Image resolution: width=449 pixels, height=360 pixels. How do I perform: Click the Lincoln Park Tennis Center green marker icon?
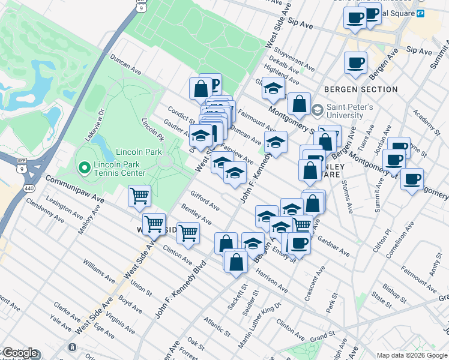[x=84, y=167]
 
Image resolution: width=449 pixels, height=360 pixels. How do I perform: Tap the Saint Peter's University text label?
[x=349, y=112]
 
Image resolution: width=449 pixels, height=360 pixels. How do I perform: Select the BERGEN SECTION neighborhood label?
[x=361, y=89]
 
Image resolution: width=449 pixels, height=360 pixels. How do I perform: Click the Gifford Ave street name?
[x=205, y=201]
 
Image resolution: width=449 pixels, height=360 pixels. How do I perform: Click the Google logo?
[x=19, y=353]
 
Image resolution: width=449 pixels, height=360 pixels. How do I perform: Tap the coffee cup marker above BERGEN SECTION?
[x=355, y=62]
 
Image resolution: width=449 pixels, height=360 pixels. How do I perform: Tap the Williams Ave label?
[x=98, y=271]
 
